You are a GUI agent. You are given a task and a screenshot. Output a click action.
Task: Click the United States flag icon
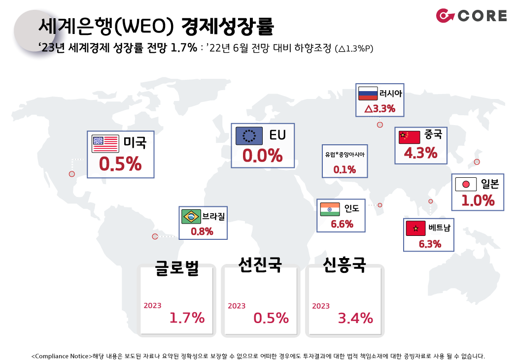pyautogui.click(x=105, y=144)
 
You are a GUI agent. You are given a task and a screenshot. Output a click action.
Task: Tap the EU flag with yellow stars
pyautogui.click(x=249, y=136)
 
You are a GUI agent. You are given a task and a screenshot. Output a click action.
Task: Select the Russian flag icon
pyautogui.click(x=368, y=94)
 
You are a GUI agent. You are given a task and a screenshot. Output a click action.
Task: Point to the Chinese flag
pyautogui.click(x=410, y=137)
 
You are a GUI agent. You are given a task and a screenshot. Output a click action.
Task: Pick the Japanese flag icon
pyautogui.click(x=466, y=184)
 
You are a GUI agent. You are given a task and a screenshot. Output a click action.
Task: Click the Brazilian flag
pyautogui.click(x=191, y=217)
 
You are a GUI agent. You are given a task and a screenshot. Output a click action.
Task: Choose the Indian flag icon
pyautogui.click(x=330, y=209)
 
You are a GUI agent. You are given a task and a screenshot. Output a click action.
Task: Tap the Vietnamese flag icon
pyautogui.click(x=415, y=228)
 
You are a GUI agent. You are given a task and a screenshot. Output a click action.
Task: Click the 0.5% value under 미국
pyautogui.click(x=120, y=164)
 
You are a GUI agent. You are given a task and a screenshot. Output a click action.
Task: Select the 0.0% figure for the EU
pyautogui.click(x=263, y=156)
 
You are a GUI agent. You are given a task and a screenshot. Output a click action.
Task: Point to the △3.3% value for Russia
pyautogui.click(x=380, y=108)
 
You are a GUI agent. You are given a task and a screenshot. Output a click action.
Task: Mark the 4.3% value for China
pyautogui.click(x=421, y=153)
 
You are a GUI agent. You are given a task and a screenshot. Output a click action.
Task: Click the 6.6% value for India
pyautogui.click(x=342, y=224)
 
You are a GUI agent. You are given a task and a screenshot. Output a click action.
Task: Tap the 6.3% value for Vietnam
pyautogui.click(x=430, y=244)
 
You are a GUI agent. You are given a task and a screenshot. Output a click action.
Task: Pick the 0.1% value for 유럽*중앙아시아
pyautogui.click(x=344, y=169)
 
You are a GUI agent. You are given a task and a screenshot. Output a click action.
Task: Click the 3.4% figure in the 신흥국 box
pyautogui.click(x=355, y=318)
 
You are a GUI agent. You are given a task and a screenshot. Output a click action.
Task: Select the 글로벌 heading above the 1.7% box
pyautogui.click(x=177, y=268)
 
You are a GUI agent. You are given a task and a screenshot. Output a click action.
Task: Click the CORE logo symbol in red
pyautogui.click(x=445, y=16)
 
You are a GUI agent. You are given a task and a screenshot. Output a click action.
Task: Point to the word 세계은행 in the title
pyautogui.click(x=75, y=26)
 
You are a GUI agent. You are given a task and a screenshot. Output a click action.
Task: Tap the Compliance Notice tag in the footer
pyautogui.click(x=62, y=356)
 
